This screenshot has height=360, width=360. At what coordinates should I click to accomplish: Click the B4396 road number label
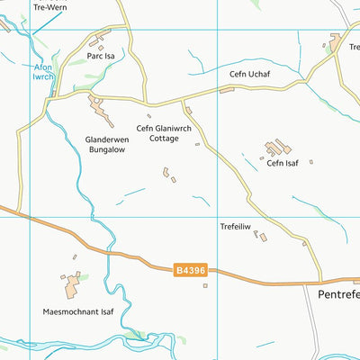pos(191,268)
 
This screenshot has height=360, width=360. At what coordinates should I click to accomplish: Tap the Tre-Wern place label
pos(49,6)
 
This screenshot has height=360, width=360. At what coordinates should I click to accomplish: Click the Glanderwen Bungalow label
pos(104,145)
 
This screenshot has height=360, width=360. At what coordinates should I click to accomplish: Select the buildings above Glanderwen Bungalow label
pos(100,109)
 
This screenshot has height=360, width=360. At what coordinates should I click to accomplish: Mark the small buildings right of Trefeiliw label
pos(260,236)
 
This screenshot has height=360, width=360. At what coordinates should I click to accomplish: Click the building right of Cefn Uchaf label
pos(290,88)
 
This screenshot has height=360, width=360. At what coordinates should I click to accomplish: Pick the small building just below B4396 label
pos(205,286)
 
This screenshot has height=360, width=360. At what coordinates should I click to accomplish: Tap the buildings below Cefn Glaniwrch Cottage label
pos(167,173)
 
